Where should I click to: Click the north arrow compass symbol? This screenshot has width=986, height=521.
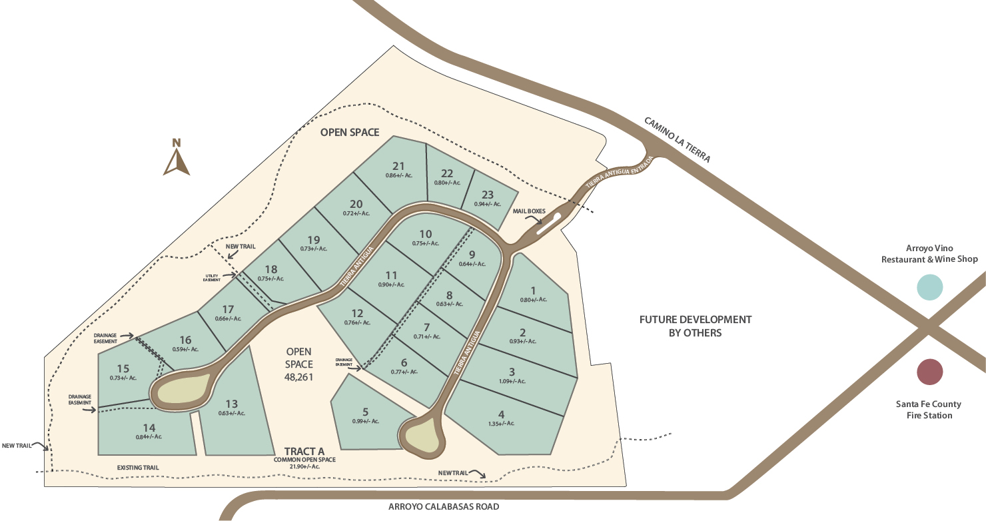[x=177, y=159]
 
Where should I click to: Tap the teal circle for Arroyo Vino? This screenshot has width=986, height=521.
[x=929, y=287]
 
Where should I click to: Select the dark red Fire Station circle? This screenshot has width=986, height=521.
[x=929, y=372]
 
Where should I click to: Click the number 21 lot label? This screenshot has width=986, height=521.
[x=398, y=166]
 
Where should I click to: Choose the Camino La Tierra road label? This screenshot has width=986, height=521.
[x=678, y=140]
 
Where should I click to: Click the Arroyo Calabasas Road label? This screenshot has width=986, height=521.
[x=444, y=506]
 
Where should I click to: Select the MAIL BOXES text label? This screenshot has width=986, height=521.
[x=529, y=211]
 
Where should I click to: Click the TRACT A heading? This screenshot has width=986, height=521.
[x=304, y=451]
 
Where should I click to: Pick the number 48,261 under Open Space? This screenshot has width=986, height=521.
[x=299, y=376]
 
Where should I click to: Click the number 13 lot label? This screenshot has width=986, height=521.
[x=231, y=404]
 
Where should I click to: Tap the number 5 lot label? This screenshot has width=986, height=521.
[x=366, y=411]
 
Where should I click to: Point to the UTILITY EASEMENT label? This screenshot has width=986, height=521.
[x=211, y=278]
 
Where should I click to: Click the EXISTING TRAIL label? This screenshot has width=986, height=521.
[x=138, y=468]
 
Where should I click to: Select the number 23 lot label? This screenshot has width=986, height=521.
[x=488, y=195]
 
